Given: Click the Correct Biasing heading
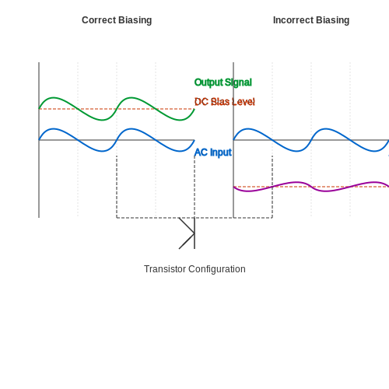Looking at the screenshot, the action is [x=117, y=20].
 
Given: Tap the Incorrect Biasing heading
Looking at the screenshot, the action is [x=311, y=20].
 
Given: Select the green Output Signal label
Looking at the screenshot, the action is [x=223, y=82].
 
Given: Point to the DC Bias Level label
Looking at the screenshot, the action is [x=225, y=102].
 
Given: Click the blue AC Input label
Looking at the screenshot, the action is [x=213, y=152].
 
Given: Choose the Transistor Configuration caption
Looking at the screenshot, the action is [x=194, y=269].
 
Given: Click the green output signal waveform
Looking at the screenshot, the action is [x=117, y=109].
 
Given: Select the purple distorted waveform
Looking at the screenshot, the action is [x=311, y=187].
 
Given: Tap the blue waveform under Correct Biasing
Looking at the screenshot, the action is [x=117, y=140].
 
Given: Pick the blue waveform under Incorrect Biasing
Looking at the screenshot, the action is [x=311, y=140].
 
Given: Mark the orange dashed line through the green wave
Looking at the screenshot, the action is [x=117, y=109].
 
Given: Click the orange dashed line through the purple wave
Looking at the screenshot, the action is [x=311, y=187].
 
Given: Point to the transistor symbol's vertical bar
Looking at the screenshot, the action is [x=194, y=233].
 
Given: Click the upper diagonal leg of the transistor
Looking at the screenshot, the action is [x=187, y=226].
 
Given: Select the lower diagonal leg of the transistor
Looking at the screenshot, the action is [x=187, y=241].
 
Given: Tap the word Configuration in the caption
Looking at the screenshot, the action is [x=217, y=269].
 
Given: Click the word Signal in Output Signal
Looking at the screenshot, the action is [x=238, y=82].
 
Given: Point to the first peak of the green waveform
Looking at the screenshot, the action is [x=54, y=97].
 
